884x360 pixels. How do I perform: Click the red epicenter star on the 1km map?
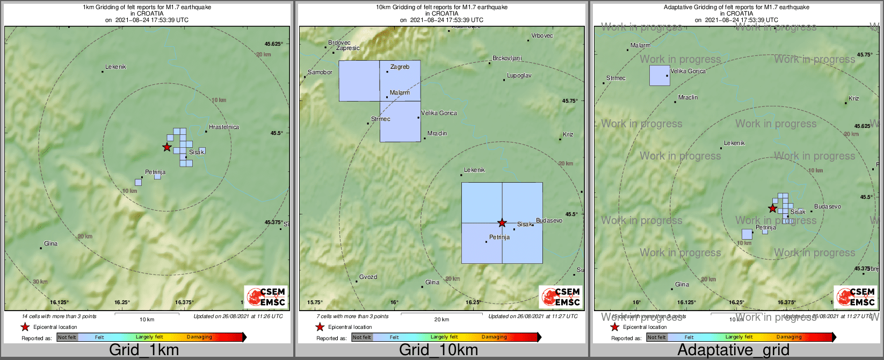click(166, 147)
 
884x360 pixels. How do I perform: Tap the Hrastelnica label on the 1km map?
click(223, 127)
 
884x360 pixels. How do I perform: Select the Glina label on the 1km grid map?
click(51, 244)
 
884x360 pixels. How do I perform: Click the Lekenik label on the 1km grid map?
click(115, 67)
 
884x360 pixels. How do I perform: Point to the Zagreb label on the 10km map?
click(400, 67)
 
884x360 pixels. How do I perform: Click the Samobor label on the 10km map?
click(320, 73)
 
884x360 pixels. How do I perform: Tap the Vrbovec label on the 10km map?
click(542, 36)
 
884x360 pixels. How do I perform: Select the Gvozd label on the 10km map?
click(368, 277)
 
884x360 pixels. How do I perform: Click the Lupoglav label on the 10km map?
click(519, 76)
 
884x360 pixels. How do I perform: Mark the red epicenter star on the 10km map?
click(502, 222)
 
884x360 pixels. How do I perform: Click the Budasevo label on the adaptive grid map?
click(828, 207)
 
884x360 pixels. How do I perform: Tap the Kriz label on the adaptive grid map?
click(854, 99)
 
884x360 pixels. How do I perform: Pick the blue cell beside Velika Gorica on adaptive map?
click(660, 75)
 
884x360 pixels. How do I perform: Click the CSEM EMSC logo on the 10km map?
click(561, 297)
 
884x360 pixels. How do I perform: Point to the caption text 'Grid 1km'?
click(144, 350)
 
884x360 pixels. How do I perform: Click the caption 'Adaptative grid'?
click(733, 350)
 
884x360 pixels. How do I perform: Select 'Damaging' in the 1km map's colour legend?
click(199, 337)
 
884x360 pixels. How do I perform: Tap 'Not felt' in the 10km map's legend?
click(361, 337)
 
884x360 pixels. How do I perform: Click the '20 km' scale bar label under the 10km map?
click(441, 320)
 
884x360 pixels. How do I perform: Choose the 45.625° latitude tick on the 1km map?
click(273, 44)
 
